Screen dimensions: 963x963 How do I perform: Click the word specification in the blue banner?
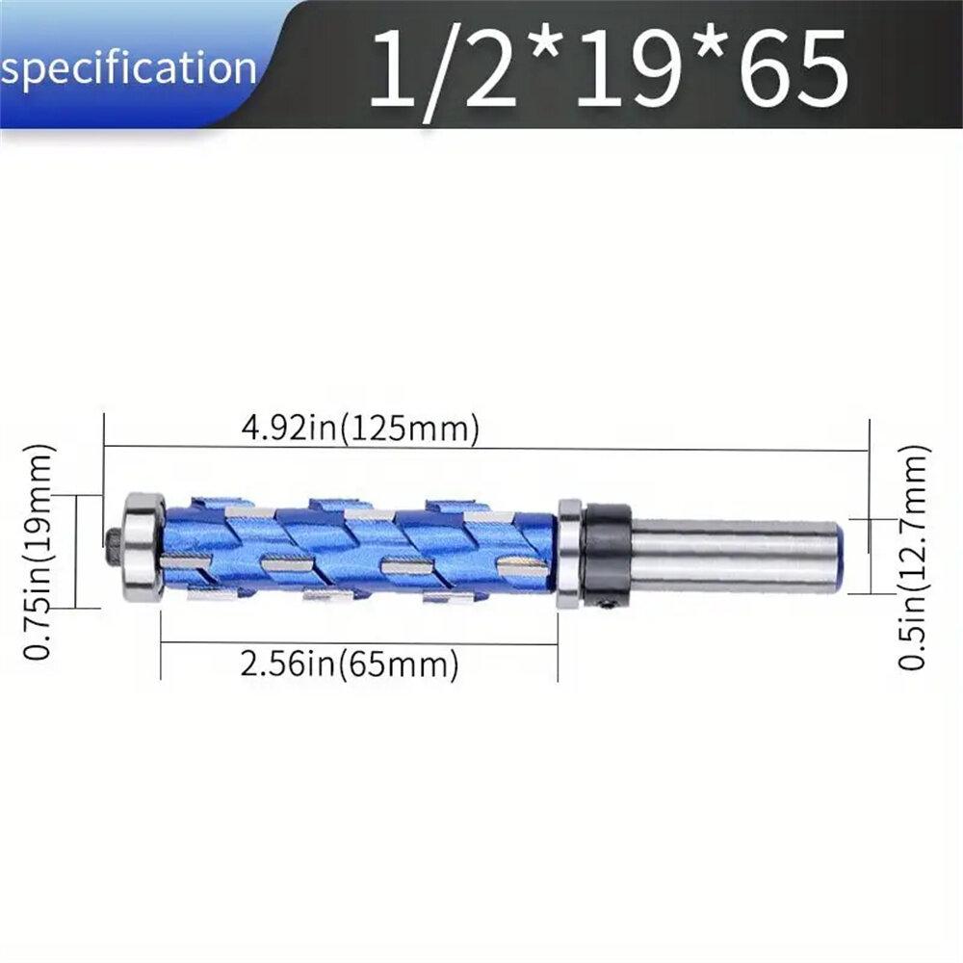pyautogui.click(x=128, y=68)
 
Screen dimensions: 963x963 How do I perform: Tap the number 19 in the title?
pyautogui.click(x=628, y=67)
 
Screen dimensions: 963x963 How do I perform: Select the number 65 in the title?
pyautogui.click(x=796, y=67)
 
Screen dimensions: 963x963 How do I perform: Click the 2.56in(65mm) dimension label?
pyautogui.click(x=349, y=664)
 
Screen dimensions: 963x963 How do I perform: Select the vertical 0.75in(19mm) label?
pyautogui.click(x=39, y=552)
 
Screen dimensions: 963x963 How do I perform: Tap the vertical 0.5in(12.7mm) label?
pyautogui.click(x=913, y=557)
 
